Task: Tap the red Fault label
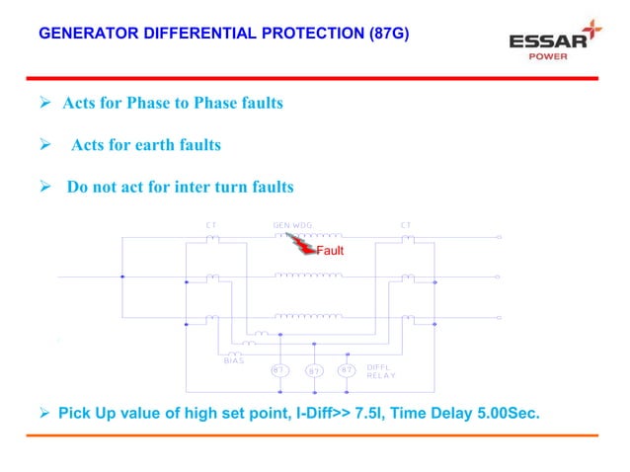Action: coord(330,252)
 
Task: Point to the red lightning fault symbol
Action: coord(300,245)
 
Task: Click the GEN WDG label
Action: coord(292,225)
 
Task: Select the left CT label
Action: coord(210,225)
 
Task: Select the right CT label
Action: coord(406,225)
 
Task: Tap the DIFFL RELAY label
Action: coord(381,371)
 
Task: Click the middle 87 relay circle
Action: coord(313,370)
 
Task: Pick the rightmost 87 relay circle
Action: coord(347,370)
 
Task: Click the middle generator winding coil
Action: coord(308,276)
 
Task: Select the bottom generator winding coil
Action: coord(308,316)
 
